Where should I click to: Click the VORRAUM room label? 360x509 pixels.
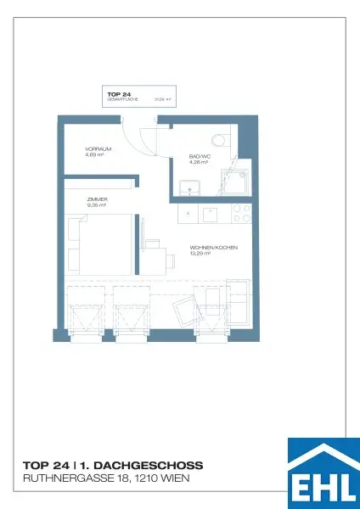pyautogui.click(x=96, y=149)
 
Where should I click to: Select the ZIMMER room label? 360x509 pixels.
pyautogui.click(x=97, y=199)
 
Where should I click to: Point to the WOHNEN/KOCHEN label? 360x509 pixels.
pyautogui.click(x=213, y=248)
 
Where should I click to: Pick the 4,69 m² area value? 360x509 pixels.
pyautogui.click(x=94, y=155)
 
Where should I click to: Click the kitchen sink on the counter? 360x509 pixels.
pyautogui.click(x=208, y=215)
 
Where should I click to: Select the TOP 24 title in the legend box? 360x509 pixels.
pyautogui.click(x=118, y=93)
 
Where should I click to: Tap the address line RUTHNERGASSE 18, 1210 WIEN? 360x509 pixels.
pyautogui.click(x=106, y=479)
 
